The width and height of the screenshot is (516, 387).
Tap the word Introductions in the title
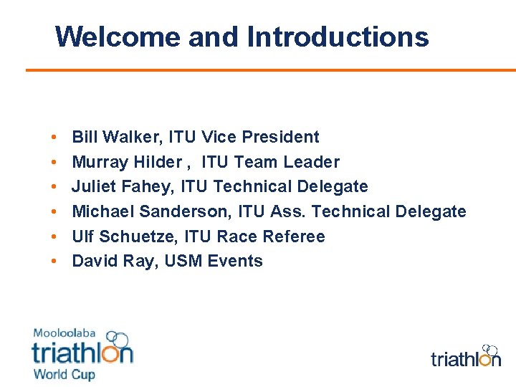tap(338, 37)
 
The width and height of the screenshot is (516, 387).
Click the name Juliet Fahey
tap(122, 187)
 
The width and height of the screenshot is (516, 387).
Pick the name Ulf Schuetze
tap(125, 236)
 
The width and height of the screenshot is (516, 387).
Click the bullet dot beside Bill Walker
tap(54, 138)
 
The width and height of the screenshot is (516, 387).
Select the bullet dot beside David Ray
tap(54, 262)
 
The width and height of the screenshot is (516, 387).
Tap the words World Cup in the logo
tap(64, 374)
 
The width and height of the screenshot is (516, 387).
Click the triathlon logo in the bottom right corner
tap(466, 356)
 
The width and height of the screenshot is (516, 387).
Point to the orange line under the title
tap(271, 70)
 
